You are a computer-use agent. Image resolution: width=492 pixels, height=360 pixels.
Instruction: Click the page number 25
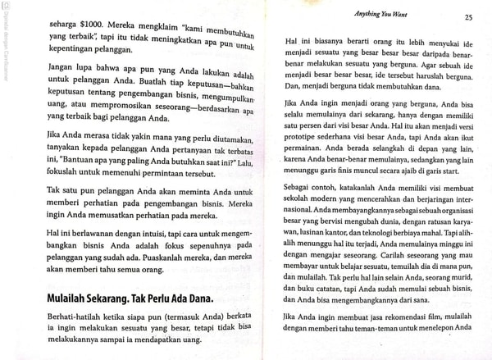[467, 16]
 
